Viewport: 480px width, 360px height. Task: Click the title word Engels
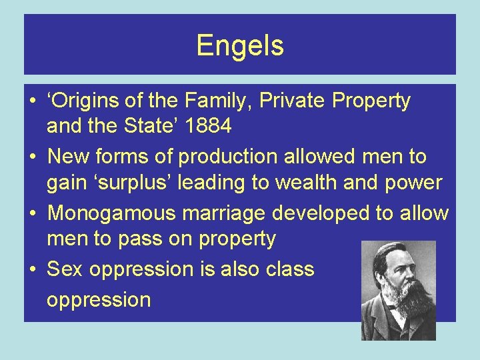[x=240, y=45]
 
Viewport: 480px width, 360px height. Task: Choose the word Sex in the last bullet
[x=65, y=269]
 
